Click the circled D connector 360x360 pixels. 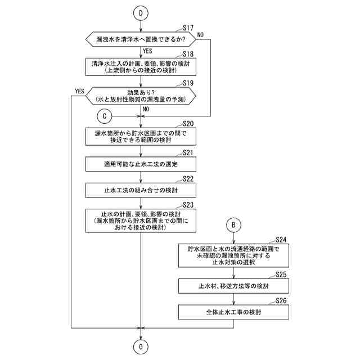coord(141,12)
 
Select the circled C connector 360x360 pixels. coord(104,116)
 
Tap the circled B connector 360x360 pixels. coord(235,224)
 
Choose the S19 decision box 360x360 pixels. coord(141,96)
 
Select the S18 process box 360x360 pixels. coord(141,67)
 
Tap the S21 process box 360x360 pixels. coord(141,164)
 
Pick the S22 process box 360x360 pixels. coord(141,190)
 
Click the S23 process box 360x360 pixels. coord(141,220)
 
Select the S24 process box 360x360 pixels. coord(235,255)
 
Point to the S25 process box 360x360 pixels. coord(235,286)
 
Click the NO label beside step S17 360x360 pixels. coord(200,35)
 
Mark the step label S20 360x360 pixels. coord(188,123)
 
